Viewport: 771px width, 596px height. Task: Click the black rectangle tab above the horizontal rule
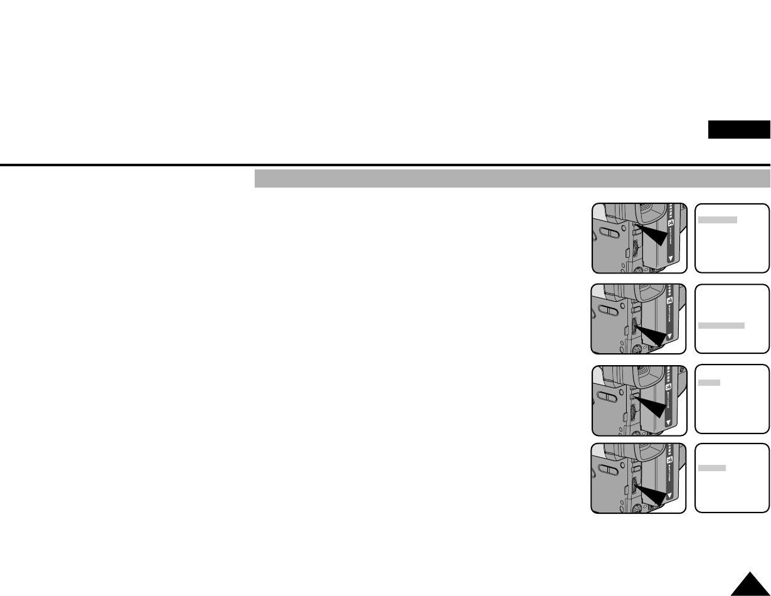pos(739,130)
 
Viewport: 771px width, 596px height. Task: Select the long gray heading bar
pos(512,178)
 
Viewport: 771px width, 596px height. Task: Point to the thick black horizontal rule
pos(385,165)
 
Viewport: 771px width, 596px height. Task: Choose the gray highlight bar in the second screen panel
pos(721,326)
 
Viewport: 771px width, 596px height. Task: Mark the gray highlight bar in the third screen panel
pos(710,382)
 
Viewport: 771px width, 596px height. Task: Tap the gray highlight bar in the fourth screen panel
pos(713,468)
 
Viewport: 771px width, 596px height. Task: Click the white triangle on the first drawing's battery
pos(670,258)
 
